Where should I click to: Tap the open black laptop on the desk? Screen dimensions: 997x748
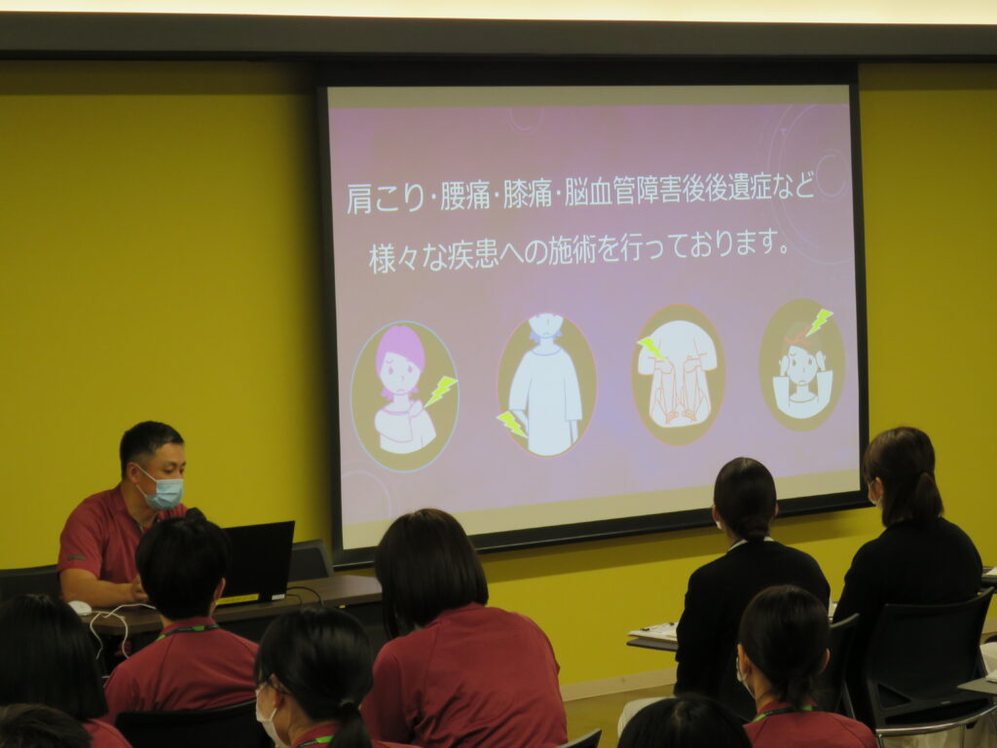click(x=256, y=562)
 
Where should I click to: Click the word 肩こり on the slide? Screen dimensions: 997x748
click(x=386, y=198)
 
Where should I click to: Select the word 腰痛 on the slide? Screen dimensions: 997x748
click(x=465, y=196)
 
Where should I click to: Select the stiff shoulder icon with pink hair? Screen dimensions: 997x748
click(x=405, y=395)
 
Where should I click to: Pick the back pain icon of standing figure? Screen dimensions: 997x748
click(x=547, y=385)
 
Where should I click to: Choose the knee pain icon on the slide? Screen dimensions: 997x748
click(x=679, y=374)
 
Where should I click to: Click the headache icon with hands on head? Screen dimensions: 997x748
click(x=802, y=364)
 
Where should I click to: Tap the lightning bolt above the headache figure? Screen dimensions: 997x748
click(x=819, y=321)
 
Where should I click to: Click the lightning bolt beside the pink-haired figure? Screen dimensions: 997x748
click(x=441, y=391)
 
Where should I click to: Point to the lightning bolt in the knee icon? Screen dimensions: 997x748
click(x=651, y=348)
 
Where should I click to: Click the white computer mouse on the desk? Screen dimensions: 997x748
click(x=80, y=608)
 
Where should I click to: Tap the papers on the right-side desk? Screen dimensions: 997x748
click(x=653, y=632)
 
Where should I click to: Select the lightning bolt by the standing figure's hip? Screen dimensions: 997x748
click(x=512, y=424)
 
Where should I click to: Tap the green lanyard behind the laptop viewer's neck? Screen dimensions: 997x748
click(x=187, y=630)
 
